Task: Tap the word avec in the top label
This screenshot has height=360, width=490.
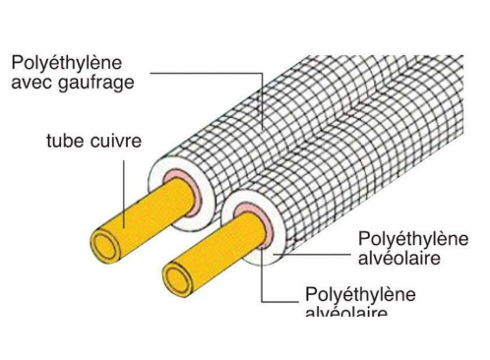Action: [x=31, y=83]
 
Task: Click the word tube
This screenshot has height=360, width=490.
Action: [x=66, y=141]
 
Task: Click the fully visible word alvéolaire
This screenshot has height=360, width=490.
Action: [x=398, y=259]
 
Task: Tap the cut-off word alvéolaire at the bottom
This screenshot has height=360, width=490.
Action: [x=346, y=310]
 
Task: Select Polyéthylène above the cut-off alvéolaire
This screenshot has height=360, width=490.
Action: [x=359, y=294]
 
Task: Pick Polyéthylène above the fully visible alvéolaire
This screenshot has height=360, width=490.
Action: [x=413, y=240]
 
